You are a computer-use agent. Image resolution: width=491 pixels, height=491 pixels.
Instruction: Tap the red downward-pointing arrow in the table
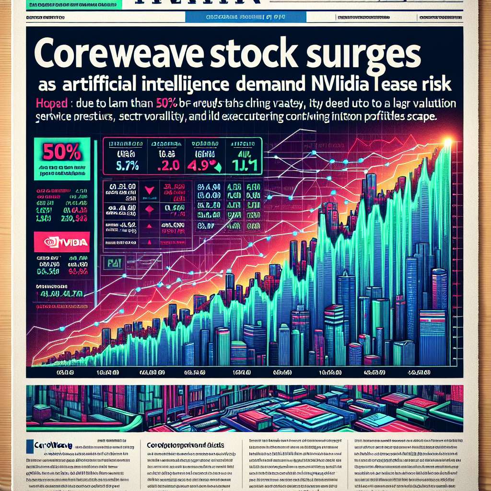click(x=149, y=190)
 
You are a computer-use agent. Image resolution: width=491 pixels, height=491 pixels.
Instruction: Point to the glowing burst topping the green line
click(x=448, y=141)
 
